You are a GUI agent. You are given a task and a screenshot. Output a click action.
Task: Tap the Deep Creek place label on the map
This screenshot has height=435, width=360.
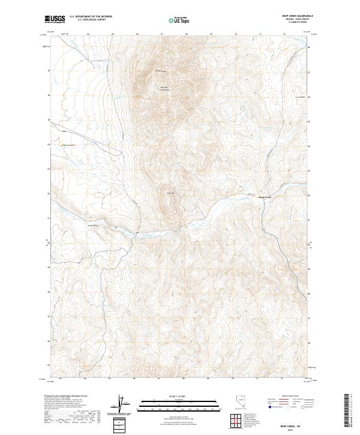[265, 197]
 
